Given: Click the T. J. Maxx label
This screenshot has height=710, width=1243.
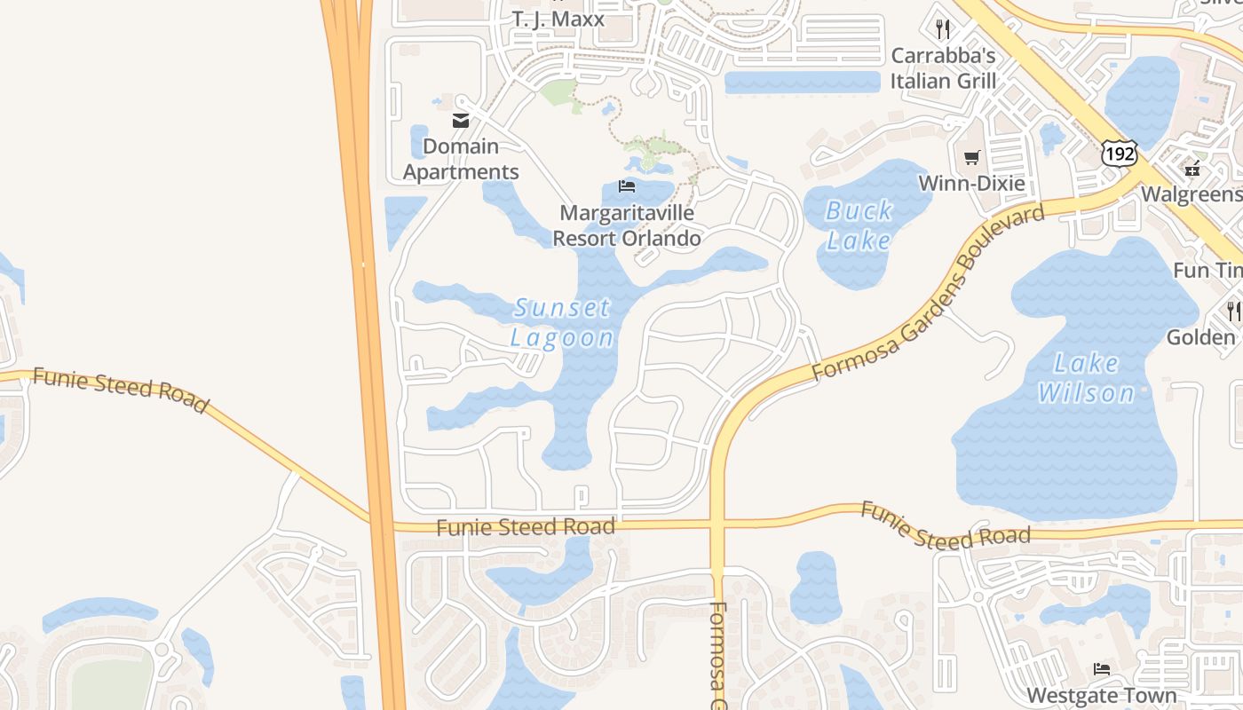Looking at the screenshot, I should pos(558,19).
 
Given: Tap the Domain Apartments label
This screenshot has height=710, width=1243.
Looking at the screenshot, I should pos(461,159).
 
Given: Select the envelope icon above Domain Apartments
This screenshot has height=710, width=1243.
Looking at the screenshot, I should pos(461,121).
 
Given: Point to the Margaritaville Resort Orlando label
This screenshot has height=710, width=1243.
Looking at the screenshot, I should pos(627,225).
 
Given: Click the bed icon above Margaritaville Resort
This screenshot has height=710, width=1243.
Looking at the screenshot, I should pos(627,186).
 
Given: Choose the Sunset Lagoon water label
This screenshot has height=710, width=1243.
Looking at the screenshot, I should pos(562,322).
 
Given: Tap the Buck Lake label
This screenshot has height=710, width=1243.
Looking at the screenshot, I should pos(859,225).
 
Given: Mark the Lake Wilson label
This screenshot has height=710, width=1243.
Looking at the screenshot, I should pos(1086,377).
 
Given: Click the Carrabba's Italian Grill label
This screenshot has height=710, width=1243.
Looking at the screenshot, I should pos(943,68).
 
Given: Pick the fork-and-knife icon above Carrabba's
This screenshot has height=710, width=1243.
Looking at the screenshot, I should pos(943,29).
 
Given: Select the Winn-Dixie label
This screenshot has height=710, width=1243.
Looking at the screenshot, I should pos(971,184).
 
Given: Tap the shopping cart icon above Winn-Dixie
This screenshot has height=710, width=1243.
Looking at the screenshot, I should pos(971,158).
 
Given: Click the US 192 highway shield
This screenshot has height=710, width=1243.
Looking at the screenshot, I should pos(1119,153).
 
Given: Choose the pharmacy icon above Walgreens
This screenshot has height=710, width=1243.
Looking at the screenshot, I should pos(1192,167).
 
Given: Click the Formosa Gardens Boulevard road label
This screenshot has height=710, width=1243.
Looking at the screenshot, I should pos(928,293).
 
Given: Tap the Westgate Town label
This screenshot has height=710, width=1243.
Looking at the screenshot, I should pos(1102,695).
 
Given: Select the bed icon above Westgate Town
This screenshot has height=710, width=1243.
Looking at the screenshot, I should pos(1102,668).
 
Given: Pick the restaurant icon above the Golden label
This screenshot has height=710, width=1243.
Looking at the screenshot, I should pos(1233,311).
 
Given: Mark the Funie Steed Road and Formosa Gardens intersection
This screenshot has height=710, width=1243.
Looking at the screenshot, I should pos(717,525).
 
